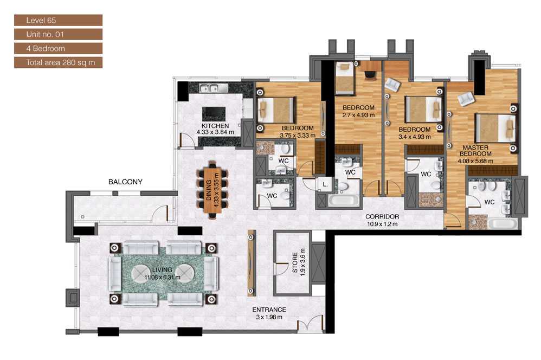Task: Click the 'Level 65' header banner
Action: pos(57,21)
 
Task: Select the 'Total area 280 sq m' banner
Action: pos(57,62)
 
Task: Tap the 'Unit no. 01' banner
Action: pos(57,34)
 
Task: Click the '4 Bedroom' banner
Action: pos(57,48)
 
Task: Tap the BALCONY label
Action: pos(125,182)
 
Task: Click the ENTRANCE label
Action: pos(269,310)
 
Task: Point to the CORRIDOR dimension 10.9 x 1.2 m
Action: pos(382,223)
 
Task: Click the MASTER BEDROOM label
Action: pos(475,151)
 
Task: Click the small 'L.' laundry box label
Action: pos(325,184)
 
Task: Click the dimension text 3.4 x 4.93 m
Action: pos(414,137)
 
